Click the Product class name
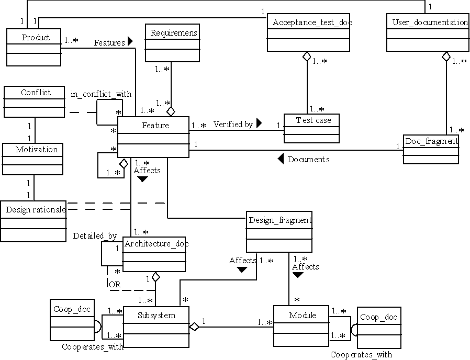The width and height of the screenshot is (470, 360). tap(36, 38)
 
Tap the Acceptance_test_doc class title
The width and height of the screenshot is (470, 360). tap(308, 22)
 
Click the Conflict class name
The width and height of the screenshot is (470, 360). tap(36, 93)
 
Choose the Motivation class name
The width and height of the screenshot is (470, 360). tap(36, 150)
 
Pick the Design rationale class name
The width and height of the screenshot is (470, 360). tap(36, 210)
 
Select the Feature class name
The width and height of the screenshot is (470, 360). tap(155, 126)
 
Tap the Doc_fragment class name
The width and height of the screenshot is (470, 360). tap(431, 141)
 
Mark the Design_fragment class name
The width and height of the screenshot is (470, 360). tap(280, 220)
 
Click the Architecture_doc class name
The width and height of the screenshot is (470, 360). tap(156, 243)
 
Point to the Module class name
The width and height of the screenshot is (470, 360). tap(303, 316)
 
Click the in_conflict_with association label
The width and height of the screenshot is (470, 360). tap(101, 94)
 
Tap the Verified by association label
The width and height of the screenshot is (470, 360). tap(233, 125)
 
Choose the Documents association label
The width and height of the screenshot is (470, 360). tap(308, 160)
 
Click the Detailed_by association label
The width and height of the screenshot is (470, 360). tap(95, 236)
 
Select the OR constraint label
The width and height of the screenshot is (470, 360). tap(114, 285)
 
